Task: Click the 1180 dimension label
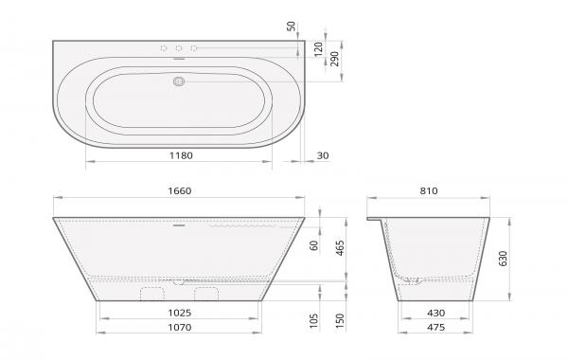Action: (x=181, y=155)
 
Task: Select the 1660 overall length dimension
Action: (x=179, y=190)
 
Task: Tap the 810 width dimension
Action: (x=429, y=190)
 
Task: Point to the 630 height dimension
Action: (x=504, y=258)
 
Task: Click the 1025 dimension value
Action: (x=180, y=313)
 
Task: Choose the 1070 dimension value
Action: (x=180, y=328)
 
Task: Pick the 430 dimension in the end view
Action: (x=435, y=313)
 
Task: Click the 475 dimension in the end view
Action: (x=435, y=328)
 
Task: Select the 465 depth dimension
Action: (x=340, y=248)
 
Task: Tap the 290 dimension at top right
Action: (x=335, y=59)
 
